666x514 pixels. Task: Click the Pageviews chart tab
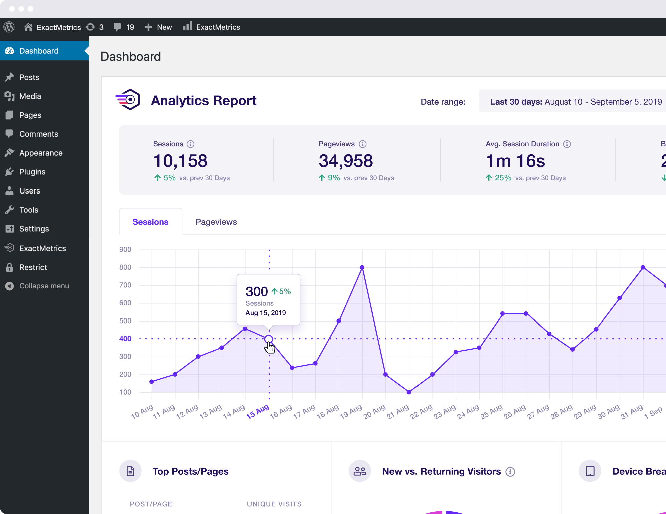216,222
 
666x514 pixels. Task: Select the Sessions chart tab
150,222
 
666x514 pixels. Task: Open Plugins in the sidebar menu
32,172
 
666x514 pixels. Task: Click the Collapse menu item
44,286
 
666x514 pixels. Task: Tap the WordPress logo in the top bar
9,27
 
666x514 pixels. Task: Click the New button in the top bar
158,27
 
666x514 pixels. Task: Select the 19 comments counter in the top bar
124,27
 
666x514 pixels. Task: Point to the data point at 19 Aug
362,267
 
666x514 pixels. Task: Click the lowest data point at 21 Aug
409,392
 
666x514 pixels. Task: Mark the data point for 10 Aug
152,381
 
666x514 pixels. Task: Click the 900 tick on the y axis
125,249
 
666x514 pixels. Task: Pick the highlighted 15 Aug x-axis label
258,411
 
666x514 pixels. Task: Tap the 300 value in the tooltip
257,292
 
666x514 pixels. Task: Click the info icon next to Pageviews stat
362,144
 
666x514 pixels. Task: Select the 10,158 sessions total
180,161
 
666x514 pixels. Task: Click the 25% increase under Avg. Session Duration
503,178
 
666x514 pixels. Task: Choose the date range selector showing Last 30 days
575,102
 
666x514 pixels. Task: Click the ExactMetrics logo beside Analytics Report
128,100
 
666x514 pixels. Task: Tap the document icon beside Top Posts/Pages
130,471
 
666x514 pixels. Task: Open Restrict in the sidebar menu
33,267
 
